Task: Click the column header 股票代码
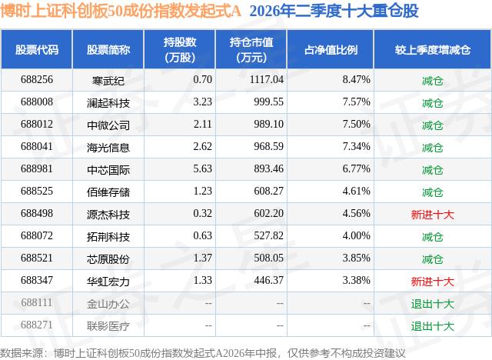(37, 50)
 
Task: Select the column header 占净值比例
(331, 50)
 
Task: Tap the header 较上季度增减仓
(433, 50)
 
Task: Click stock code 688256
(37, 80)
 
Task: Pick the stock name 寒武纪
(108, 81)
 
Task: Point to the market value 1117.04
(267, 80)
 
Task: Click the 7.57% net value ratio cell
(356, 102)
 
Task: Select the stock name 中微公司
(108, 125)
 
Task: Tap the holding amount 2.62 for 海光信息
(202, 147)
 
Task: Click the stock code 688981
(37, 169)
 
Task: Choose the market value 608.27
(268, 191)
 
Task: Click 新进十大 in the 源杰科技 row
(433, 215)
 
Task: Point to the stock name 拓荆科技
(108, 237)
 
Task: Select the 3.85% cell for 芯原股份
(356, 258)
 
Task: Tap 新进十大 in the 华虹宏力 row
(433, 282)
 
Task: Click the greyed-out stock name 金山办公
(108, 304)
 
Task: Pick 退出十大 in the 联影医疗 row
(433, 326)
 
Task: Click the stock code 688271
(37, 325)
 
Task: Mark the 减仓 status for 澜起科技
(433, 103)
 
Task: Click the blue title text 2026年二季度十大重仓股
(334, 11)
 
